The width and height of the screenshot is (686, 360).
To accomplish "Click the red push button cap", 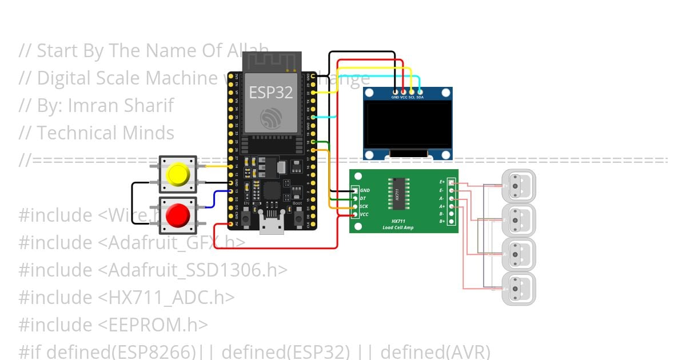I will pos(177,215).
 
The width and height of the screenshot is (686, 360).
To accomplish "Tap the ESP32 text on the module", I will pos(271,93).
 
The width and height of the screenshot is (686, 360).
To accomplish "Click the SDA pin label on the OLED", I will pos(420,97).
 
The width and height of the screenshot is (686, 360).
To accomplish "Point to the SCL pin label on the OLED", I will pos(412,97).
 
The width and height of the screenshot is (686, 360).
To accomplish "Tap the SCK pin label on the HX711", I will pos(364,206).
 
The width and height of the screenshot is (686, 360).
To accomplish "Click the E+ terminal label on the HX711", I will pos(442,182).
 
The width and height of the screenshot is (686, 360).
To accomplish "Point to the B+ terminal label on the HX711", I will pos(442,221).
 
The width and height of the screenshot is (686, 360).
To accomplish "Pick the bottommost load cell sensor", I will pos(518,289).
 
